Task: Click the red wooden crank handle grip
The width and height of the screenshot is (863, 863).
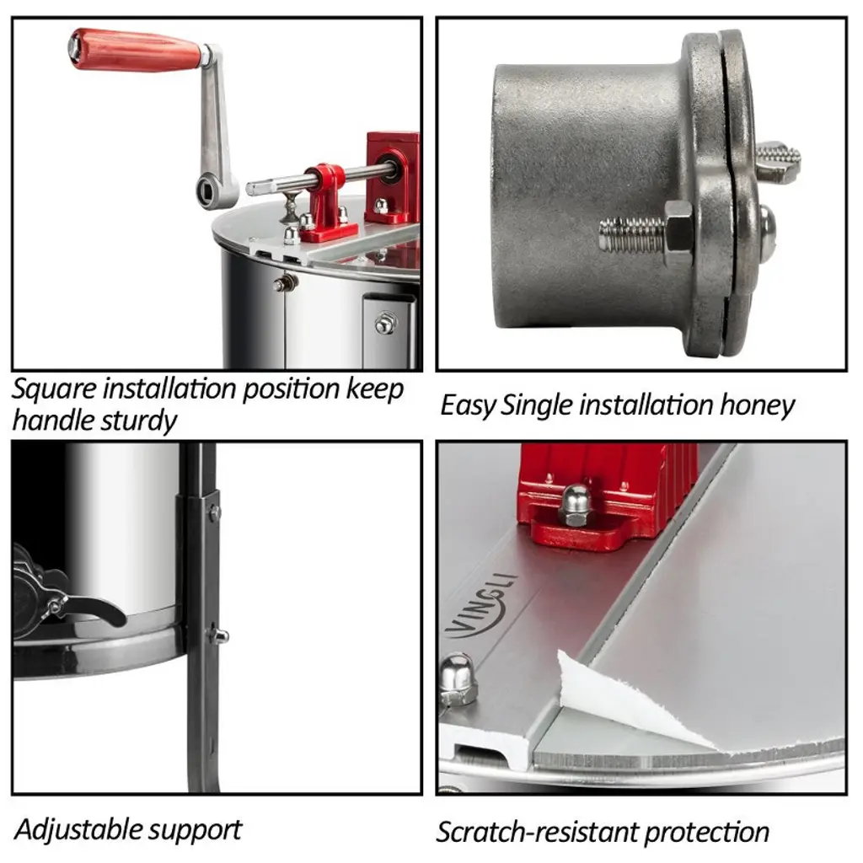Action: [136, 50]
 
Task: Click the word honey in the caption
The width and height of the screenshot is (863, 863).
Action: [757, 406]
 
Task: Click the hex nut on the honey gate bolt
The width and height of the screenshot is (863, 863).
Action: [678, 228]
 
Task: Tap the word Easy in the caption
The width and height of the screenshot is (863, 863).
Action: [468, 406]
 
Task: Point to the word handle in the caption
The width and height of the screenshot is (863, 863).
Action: [45, 421]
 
